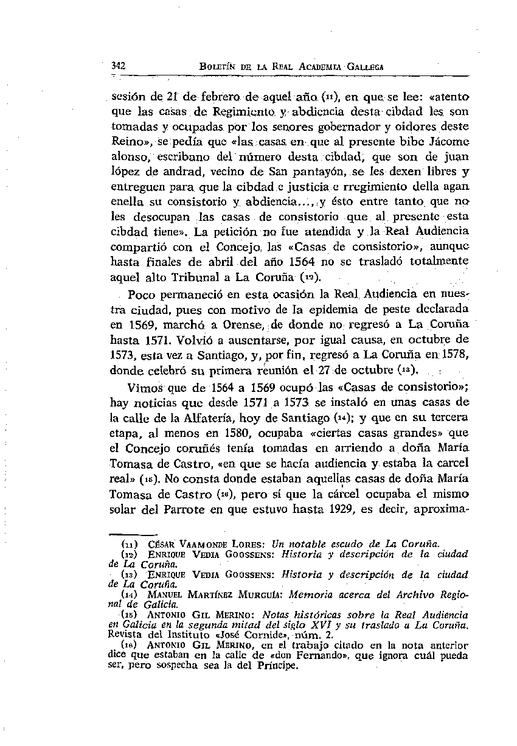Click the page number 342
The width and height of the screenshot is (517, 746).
pyautogui.click(x=119, y=66)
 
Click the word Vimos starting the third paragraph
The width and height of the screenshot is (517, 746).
pyautogui.click(x=144, y=389)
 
